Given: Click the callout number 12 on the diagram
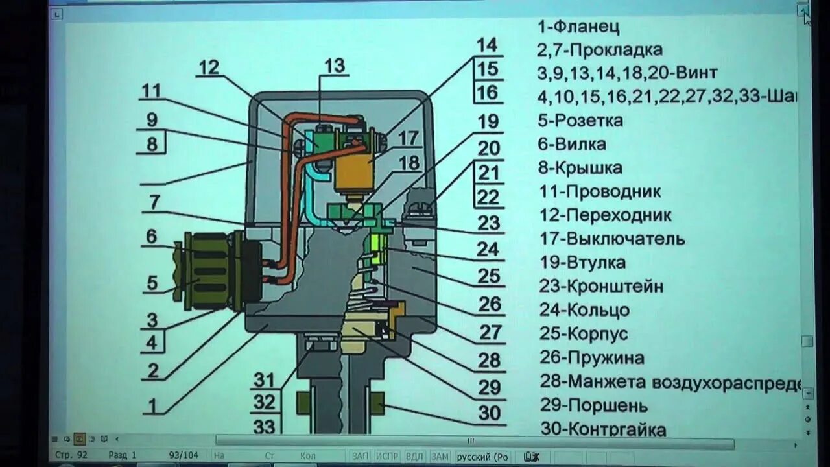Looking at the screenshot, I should click(209, 67).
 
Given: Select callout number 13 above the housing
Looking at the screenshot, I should click(335, 66).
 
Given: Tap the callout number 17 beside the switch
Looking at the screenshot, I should click(409, 138).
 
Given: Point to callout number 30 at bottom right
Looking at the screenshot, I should click(490, 413).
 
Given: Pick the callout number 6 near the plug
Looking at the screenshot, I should click(151, 237).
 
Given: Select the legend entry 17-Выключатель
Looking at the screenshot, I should click(611, 239).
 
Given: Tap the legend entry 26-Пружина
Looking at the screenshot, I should click(591, 358).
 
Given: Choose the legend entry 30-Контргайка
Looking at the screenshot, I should click(602, 429).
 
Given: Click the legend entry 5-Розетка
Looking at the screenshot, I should click(580, 121).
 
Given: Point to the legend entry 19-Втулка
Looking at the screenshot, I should click(582, 263).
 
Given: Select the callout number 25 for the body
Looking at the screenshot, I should click(489, 276).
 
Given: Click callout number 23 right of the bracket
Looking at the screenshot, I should click(489, 223).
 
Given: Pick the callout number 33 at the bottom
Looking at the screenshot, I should click(265, 427).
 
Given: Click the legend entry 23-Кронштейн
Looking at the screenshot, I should click(601, 286).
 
